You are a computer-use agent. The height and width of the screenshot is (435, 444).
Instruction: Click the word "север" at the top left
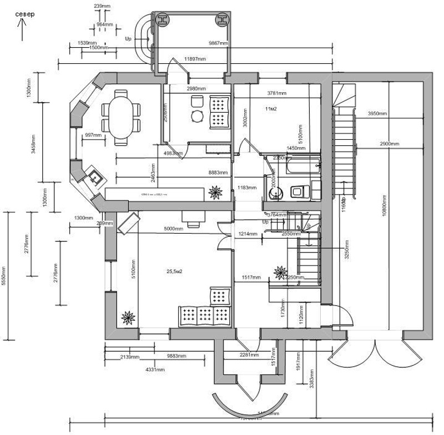(x=25, y=13)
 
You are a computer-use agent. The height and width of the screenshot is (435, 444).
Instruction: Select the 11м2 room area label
(x=271, y=108)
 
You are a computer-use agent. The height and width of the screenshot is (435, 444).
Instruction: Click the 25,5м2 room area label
(x=175, y=271)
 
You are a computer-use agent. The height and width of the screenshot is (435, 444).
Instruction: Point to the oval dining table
(x=120, y=117)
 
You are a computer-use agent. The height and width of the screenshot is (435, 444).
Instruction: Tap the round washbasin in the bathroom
(x=275, y=193)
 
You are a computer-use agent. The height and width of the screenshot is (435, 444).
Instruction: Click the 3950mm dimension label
(x=377, y=114)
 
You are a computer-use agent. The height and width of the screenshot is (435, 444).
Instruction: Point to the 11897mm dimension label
(x=195, y=59)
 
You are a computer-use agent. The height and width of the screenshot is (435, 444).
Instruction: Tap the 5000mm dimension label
(x=173, y=229)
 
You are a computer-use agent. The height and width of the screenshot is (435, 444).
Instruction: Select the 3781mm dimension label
(x=277, y=93)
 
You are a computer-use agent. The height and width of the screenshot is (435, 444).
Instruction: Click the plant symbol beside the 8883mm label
(x=214, y=192)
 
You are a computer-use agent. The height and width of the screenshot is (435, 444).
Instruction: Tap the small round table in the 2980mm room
(x=198, y=116)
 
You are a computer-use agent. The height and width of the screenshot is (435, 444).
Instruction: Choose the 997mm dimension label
(x=93, y=135)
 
